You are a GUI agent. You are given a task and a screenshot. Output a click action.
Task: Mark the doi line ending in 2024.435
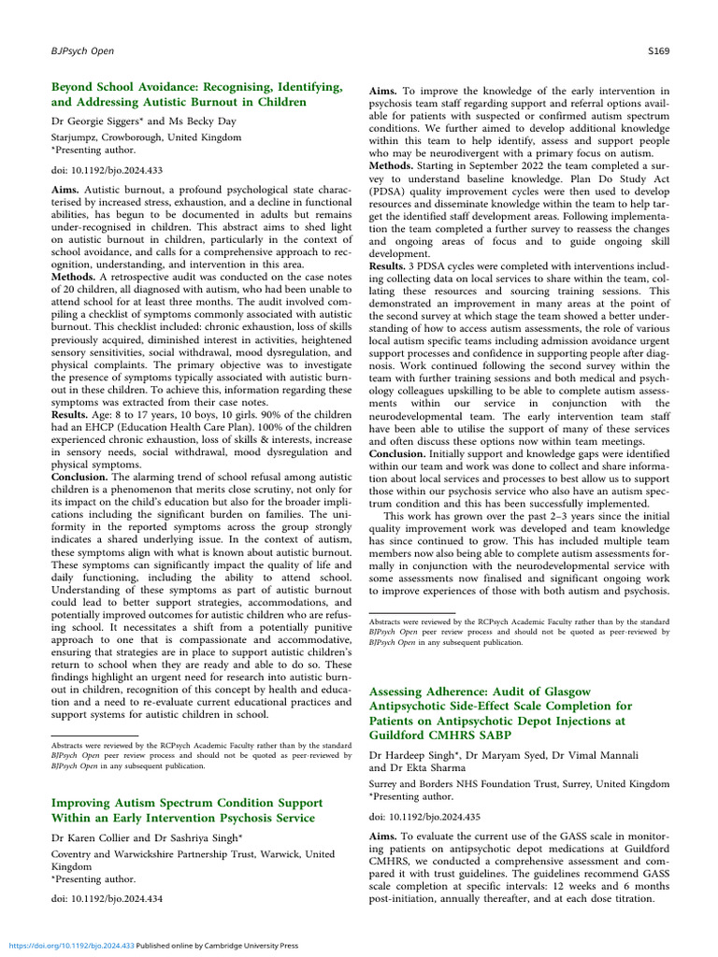pos(416,816)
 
